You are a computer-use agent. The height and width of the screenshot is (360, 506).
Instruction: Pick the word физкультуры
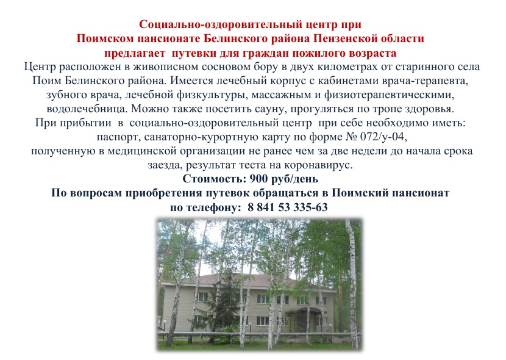click(213, 95)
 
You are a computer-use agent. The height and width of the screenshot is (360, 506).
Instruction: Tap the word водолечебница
click(86, 109)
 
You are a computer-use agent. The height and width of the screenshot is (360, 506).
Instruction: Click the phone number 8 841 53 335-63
click(288, 207)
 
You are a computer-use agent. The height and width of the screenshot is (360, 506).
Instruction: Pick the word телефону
click(212, 207)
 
